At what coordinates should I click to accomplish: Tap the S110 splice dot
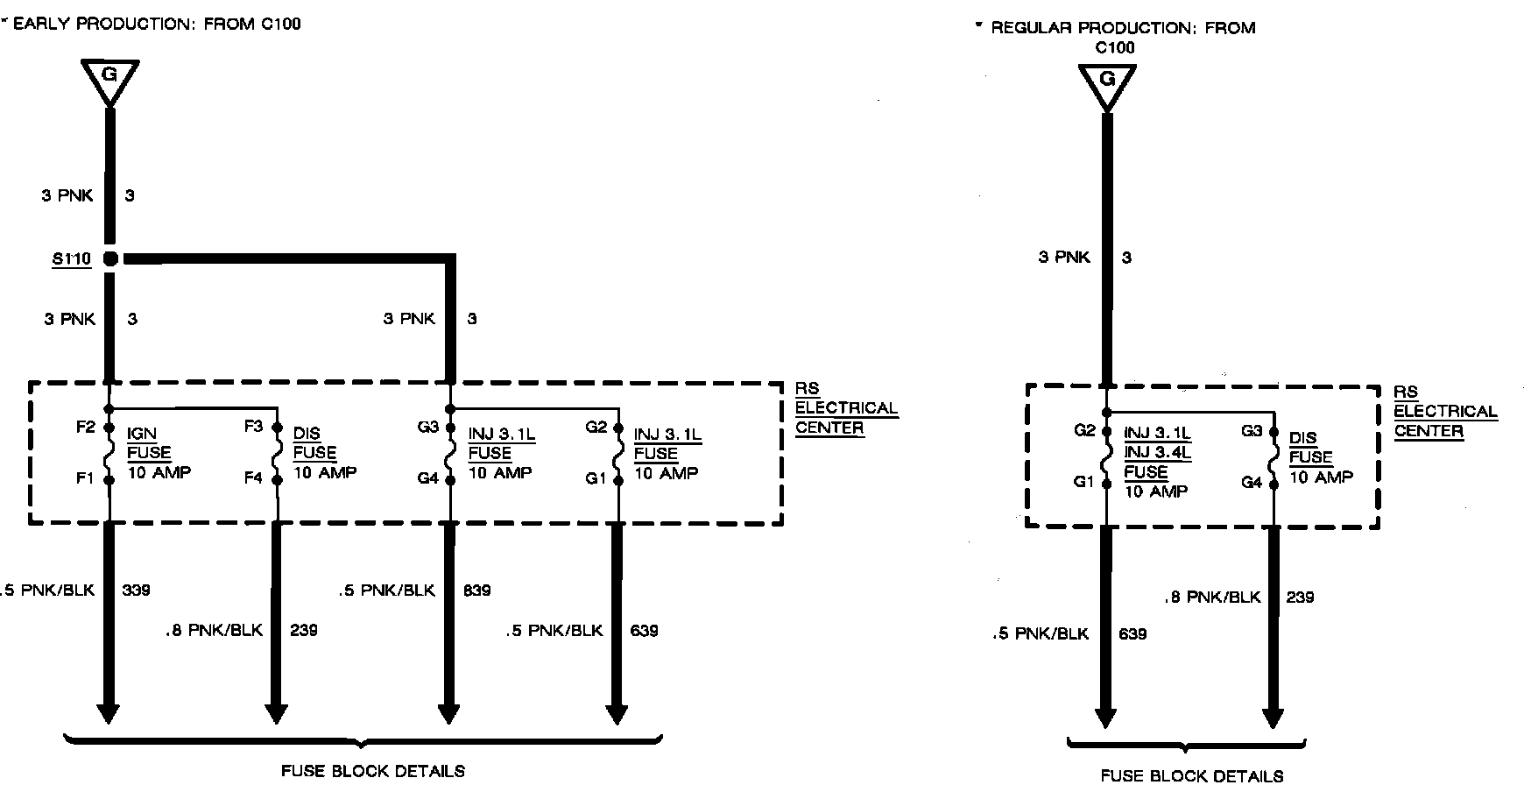pyautogui.click(x=110, y=258)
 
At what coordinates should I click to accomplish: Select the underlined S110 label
pyautogui.click(x=72, y=259)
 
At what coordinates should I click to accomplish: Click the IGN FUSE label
pyautogui.click(x=149, y=443)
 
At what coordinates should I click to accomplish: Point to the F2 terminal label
pyautogui.click(x=85, y=428)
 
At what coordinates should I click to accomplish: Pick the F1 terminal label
pyautogui.click(x=85, y=478)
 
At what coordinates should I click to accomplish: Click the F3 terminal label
pyautogui.click(x=253, y=427)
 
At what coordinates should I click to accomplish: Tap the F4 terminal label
pyautogui.click(x=253, y=478)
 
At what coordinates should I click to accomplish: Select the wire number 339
pyautogui.click(x=137, y=590)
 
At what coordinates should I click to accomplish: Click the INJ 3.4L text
pyautogui.click(x=1157, y=452)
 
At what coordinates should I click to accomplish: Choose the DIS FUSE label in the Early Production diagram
pyautogui.click(x=314, y=443)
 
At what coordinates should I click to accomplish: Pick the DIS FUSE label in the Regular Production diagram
pyautogui.click(x=1310, y=448)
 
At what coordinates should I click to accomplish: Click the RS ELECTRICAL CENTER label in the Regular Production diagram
pyautogui.click(x=1445, y=411)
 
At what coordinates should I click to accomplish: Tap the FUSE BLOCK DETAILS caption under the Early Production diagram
pyautogui.click(x=373, y=772)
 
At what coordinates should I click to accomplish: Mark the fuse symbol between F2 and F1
pyautogui.click(x=109, y=453)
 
